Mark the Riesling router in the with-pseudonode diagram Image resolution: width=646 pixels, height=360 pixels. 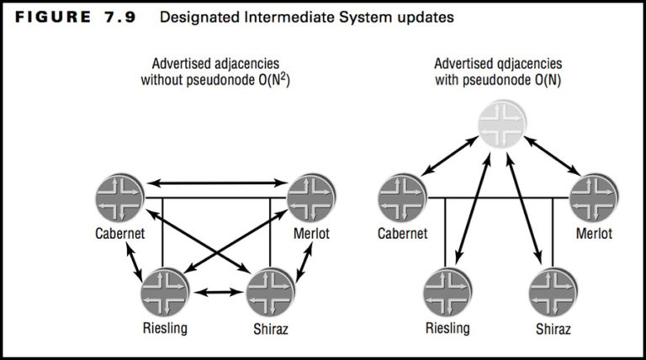[447, 289]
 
